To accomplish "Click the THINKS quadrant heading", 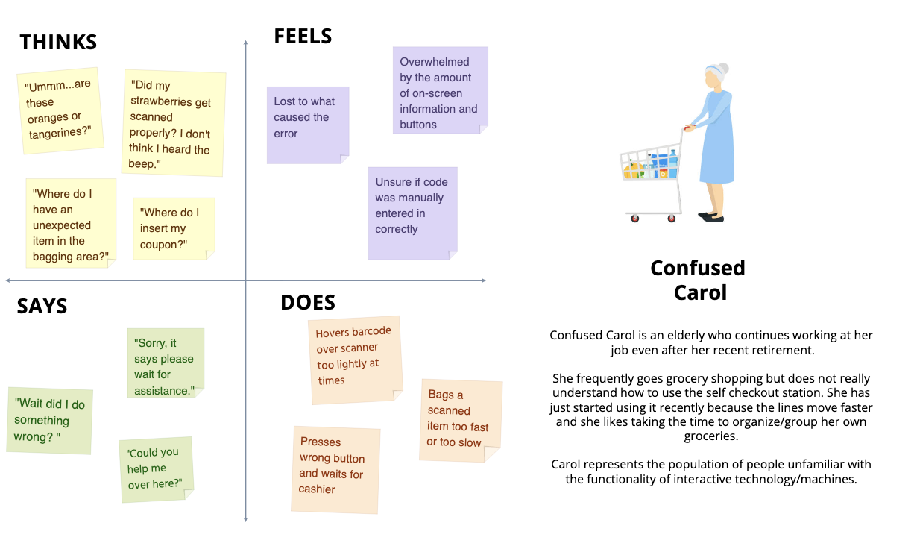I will (58, 42).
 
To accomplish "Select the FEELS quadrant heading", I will (303, 36).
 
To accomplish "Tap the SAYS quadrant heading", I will (42, 306).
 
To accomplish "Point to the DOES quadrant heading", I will (307, 302).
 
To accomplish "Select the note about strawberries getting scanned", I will (173, 124).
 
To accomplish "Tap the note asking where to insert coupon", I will (173, 228).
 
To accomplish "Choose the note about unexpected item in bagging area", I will (70, 224).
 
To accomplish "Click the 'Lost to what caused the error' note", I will (307, 124).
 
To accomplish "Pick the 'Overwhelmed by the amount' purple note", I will (440, 91).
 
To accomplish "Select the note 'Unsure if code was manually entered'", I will (412, 213).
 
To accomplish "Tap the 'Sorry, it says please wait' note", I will (165, 363).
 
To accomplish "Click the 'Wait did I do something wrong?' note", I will (50, 420).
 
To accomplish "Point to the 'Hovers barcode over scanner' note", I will (355, 360).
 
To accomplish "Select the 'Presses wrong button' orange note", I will (335, 469).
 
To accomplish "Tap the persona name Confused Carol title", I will (698, 279).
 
